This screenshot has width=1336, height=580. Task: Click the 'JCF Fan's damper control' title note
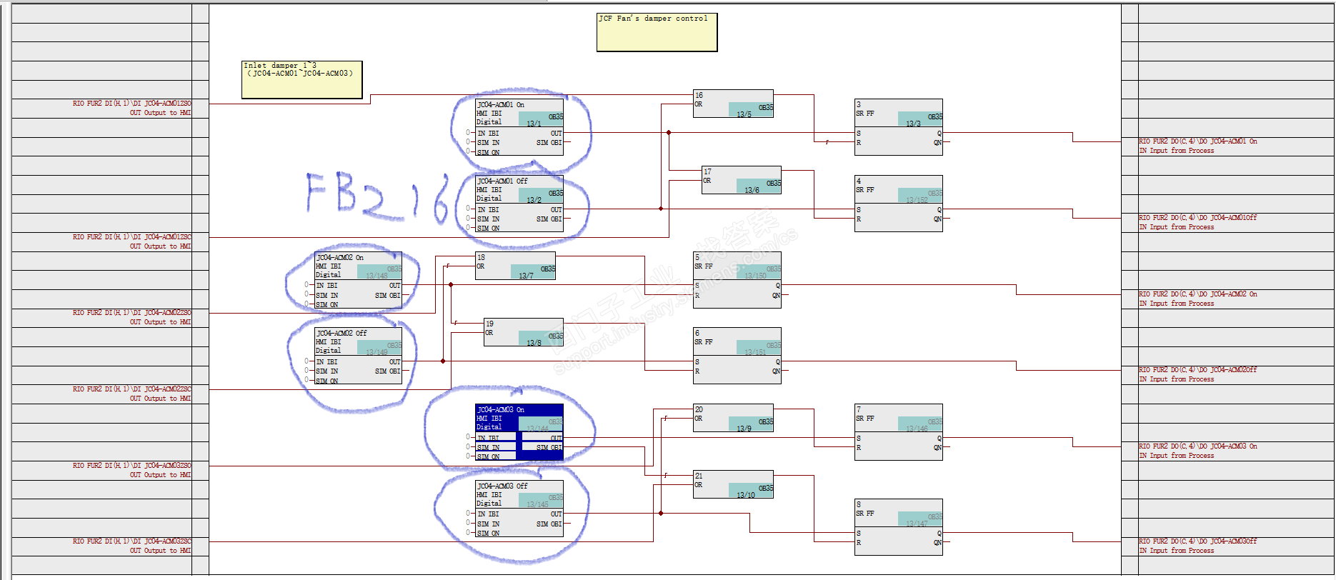657,32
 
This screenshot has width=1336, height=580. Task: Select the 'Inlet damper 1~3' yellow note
301,79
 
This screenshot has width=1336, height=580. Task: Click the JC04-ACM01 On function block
519,127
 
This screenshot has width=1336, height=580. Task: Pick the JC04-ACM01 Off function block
519,204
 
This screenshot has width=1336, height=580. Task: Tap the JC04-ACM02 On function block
358,280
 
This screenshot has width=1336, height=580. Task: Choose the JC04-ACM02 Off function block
358,356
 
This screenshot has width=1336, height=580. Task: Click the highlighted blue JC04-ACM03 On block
519,432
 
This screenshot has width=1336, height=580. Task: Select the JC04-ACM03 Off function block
519,509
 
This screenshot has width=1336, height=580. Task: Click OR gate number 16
733,104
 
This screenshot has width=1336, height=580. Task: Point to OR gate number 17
742,180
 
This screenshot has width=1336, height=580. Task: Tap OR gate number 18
515,266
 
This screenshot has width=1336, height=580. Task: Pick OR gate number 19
524,332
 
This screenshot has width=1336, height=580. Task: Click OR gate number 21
733,484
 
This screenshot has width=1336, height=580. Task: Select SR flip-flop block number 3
899,127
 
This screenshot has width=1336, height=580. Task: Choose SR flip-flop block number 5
737,280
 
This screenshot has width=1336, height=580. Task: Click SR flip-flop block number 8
899,527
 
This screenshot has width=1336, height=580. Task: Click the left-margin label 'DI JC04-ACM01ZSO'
132,104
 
